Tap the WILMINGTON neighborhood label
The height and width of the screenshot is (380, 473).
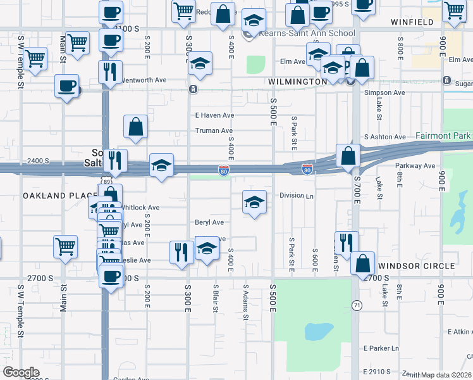click(297, 82)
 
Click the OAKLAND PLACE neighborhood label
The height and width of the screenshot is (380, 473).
click(60, 196)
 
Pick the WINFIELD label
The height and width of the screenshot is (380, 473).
click(412, 22)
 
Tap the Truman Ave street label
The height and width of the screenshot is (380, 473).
click(214, 131)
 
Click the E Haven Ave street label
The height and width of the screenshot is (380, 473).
click(214, 115)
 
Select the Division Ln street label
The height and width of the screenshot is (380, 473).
click(297, 196)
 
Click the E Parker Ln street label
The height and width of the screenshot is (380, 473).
click(381, 348)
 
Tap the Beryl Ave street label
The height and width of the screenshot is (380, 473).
click(209, 223)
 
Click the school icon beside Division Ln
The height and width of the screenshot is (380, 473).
click(254, 202)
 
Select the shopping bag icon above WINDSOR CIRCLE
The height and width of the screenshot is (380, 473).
click(362, 263)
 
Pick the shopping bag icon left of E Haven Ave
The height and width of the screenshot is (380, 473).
click(136, 127)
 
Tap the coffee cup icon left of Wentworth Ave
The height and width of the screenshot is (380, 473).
click(66, 85)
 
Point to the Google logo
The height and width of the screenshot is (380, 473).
click(21, 372)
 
